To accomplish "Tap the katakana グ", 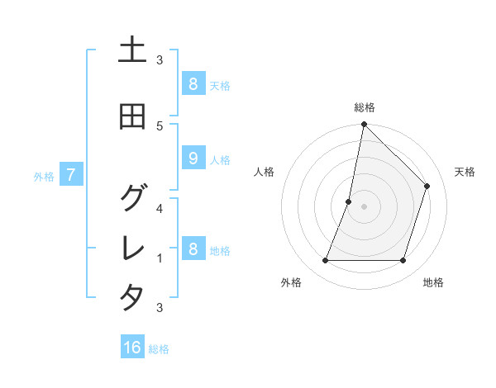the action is tap(132, 197).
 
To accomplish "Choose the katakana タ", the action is tap(132, 297).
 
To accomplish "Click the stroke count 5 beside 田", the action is tap(160, 125).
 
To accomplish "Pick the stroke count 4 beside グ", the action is tap(160, 208).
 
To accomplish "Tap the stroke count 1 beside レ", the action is tap(160, 258).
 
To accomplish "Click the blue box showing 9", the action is tap(193, 159).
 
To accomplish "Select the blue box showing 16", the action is tap(132, 348).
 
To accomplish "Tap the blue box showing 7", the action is tap(72, 175).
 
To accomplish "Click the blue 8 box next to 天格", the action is tap(193, 83).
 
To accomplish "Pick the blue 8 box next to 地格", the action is tap(193, 249).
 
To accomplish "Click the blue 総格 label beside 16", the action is tap(159, 349).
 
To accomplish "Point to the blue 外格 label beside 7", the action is tap(44, 176).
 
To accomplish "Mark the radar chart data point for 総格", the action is tap(364, 125).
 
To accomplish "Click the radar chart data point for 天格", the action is tap(427, 186).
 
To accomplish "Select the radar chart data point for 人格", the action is tap(349, 201).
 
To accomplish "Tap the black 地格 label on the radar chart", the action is tap(433, 282).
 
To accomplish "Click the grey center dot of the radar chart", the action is tap(364, 206).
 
